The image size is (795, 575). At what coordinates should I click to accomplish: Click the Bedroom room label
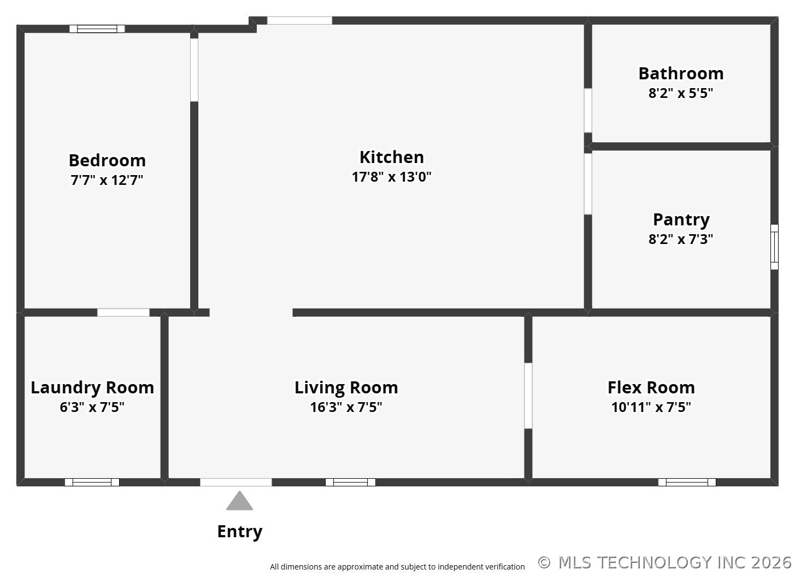[x=107, y=160]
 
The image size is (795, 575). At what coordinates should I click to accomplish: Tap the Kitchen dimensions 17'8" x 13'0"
[x=391, y=177]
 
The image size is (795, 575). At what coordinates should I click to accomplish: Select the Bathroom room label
[x=681, y=73]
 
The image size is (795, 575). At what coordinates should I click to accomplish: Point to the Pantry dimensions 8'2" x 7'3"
[x=681, y=239]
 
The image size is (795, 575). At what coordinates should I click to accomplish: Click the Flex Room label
[x=651, y=387]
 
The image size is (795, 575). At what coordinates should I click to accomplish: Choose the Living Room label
[x=346, y=387]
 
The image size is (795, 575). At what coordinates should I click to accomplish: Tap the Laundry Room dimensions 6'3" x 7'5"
[x=92, y=407]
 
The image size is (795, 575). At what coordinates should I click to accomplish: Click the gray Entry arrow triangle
[x=239, y=501]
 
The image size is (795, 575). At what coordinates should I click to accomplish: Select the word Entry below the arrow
[x=239, y=531]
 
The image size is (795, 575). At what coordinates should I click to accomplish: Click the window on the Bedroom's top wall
[x=97, y=29]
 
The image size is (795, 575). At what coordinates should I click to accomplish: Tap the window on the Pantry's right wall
[x=774, y=247]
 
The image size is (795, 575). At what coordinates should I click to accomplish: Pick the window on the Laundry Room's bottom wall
[x=92, y=482]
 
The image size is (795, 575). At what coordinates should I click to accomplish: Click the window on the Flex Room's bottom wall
[x=686, y=482]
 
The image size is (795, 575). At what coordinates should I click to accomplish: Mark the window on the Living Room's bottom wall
[x=350, y=482]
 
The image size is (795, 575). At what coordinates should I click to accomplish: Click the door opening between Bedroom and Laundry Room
[x=123, y=312]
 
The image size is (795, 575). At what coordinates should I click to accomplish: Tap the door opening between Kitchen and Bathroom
[x=588, y=110]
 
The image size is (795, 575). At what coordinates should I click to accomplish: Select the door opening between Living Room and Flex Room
[x=528, y=396]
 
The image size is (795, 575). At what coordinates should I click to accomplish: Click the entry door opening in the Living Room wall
[x=235, y=482]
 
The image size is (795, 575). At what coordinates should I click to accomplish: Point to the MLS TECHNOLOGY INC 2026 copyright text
[x=665, y=562]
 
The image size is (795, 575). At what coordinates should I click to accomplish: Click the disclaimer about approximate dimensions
[x=397, y=567]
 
